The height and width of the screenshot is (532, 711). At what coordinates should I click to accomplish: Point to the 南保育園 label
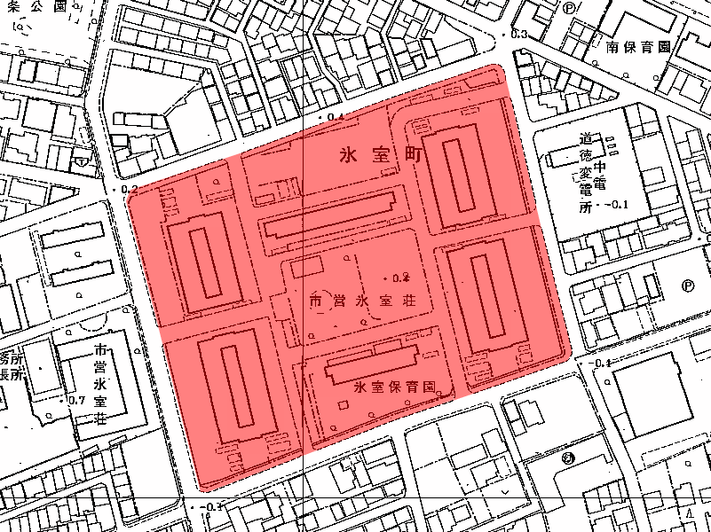(637, 47)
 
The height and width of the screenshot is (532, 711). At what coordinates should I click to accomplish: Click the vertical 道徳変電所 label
(586, 175)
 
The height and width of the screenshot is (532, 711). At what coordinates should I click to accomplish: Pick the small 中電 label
(601, 174)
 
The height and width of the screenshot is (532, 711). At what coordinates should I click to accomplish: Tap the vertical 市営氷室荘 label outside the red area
(101, 382)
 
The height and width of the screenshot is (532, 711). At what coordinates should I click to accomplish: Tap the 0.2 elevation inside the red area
(397, 276)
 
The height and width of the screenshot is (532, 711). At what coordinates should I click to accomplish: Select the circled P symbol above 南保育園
(567, 6)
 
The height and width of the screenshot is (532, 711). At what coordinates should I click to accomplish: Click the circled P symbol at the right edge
(688, 286)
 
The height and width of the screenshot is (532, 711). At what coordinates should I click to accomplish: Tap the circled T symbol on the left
(82, 162)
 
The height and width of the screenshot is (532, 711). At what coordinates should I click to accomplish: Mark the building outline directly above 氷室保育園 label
(373, 362)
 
